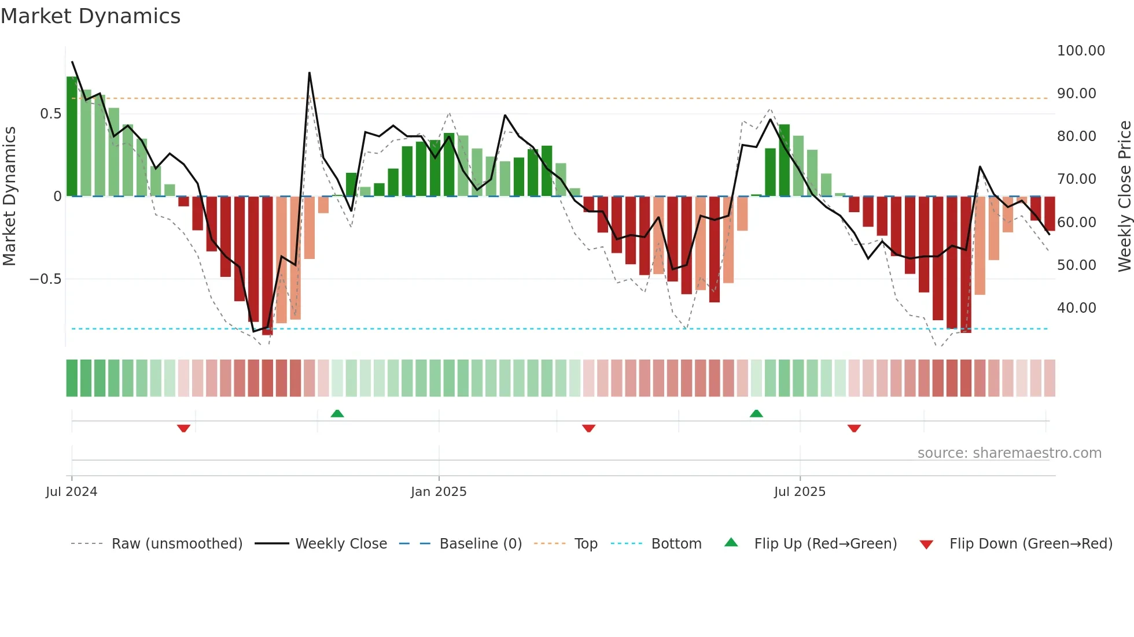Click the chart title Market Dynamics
(90, 16)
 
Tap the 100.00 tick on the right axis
(1080, 51)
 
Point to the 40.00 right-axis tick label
(1076, 308)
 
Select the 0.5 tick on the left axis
(50, 114)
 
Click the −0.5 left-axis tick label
(46, 279)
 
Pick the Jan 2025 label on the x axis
(439, 492)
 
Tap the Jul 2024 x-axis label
(72, 492)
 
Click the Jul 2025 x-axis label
(800, 492)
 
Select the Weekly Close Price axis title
(1124, 197)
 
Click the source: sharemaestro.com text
(1009, 453)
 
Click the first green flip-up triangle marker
(337, 413)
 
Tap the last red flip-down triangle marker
(854, 428)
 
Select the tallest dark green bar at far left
(72, 136)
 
